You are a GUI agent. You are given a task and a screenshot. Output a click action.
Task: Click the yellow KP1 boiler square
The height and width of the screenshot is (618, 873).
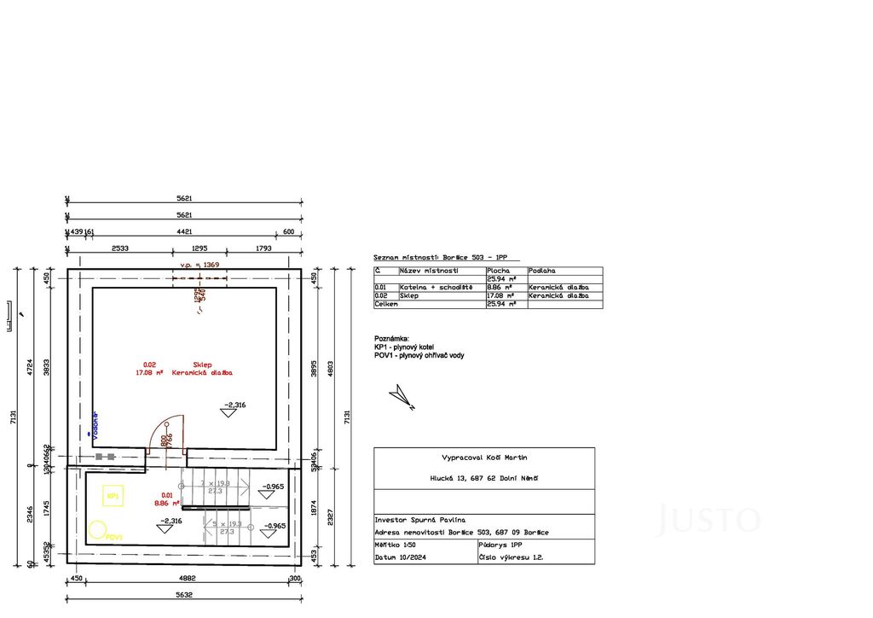(112, 494)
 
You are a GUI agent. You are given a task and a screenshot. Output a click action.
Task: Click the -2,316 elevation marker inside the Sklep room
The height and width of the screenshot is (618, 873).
(232, 408)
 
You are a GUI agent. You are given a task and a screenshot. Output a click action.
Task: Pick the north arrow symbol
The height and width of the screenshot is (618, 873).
(400, 396)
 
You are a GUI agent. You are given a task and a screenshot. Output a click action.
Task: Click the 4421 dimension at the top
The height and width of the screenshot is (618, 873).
(183, 231)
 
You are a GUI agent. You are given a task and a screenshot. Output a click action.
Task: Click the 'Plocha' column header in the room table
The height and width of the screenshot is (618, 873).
(498, 271)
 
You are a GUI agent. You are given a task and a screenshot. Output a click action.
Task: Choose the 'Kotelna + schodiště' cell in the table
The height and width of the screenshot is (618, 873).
(436, 288)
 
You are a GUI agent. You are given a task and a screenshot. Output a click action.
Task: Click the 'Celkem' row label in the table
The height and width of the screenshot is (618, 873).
(385, 304)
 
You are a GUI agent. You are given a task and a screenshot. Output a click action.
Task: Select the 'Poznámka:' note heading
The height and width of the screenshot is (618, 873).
(392, 338)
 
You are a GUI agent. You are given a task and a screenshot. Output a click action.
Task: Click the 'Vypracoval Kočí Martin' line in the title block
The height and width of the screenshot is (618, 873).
(484, 458)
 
